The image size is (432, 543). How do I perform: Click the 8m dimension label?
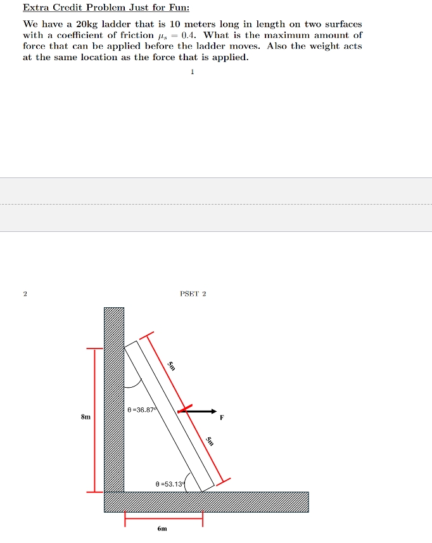pos(86,418)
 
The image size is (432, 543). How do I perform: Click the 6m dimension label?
pos(162,528)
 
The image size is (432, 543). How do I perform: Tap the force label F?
pos(222,418)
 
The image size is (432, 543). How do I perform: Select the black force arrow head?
pos(213,411)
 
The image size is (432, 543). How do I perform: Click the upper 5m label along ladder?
pos(172,365)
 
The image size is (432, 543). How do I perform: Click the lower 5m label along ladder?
pos(210,442)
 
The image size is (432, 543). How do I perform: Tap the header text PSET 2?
pos(193,294)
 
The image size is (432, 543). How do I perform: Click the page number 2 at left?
pos(25,294)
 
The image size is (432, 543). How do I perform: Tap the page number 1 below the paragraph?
pos(192,72)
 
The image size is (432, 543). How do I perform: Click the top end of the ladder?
pos(131,345)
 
